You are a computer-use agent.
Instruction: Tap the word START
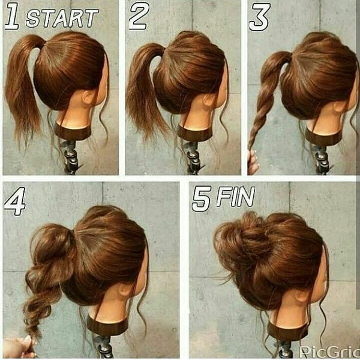coord(62,19)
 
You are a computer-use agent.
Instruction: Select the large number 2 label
coord(139,16)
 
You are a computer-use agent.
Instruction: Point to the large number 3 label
coord(260,17)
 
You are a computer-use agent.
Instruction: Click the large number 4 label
coord(14,202)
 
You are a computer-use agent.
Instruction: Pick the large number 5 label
coord(202,199)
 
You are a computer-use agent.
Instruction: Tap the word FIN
coord(236,196)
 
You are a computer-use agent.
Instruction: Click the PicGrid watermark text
coord(329,351)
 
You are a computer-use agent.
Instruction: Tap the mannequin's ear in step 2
coord(209,100)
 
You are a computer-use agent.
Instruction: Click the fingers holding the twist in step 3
coord(253,162)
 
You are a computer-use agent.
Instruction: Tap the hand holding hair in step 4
coord(19,347)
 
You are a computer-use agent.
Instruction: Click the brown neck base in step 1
coord(73,132)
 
